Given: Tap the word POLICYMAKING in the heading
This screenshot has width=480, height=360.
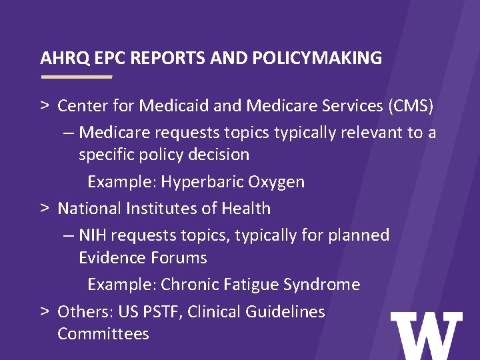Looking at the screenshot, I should click(x=317, y=59).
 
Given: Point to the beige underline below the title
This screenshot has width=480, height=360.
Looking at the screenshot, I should click(x=76, y=77).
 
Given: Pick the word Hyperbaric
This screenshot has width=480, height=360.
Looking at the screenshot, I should click(x=203, y=182).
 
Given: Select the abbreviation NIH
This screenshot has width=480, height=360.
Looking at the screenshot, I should click(x=95, y=235).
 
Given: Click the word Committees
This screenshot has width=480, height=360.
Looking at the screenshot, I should click(x=103, y=333).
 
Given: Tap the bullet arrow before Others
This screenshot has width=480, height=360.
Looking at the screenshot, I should click(x=43, y=311).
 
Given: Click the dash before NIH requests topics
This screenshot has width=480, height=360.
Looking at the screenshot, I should click(x=69, y=235).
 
